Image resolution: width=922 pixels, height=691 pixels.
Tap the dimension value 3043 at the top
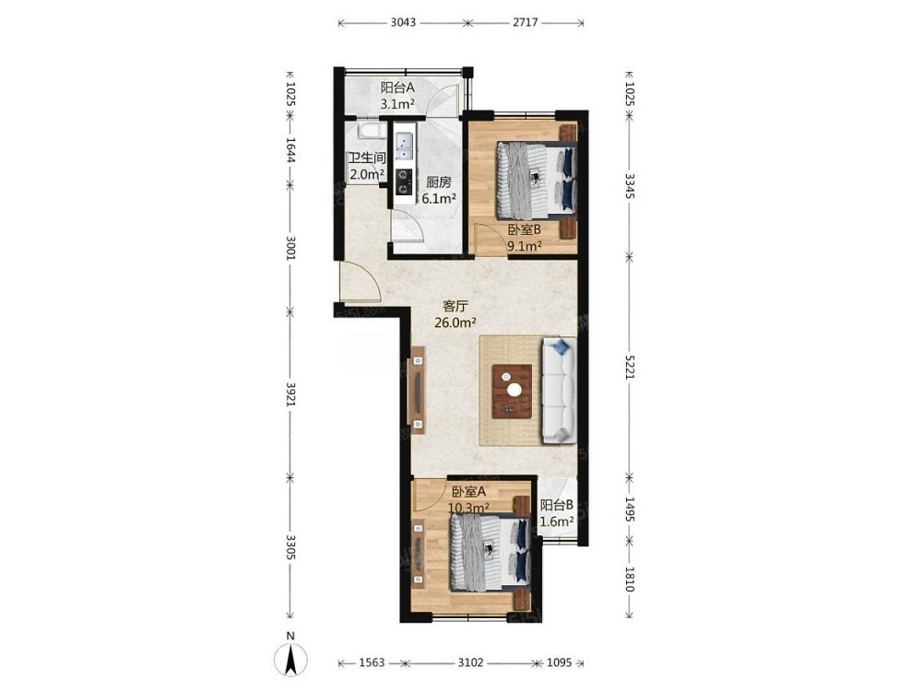(404, 22)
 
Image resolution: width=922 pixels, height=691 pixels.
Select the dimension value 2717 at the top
(526, 22)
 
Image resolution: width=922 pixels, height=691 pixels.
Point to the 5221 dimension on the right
(629, 366)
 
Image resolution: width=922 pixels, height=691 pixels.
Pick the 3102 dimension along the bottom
(470, 662)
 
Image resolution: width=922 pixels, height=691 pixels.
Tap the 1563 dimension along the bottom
(372, 662)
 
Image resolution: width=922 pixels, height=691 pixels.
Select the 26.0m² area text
(455, 322)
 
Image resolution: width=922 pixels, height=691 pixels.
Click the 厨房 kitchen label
(439, 182)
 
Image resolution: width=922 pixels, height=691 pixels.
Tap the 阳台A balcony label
(397, 88)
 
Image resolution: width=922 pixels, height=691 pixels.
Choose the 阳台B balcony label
(557, 505)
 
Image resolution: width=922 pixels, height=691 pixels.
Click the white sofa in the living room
(559, 391)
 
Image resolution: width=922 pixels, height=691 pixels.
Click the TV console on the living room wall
(418, 390)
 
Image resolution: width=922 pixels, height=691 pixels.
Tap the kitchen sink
(404, 146)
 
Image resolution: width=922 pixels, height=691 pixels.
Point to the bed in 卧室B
(535, 180)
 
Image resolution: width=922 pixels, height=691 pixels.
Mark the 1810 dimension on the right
(629, 579)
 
